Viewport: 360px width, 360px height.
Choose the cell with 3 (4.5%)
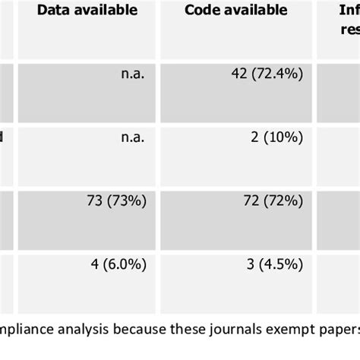point(273,265)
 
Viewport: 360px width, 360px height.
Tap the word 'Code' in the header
point(205,11)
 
